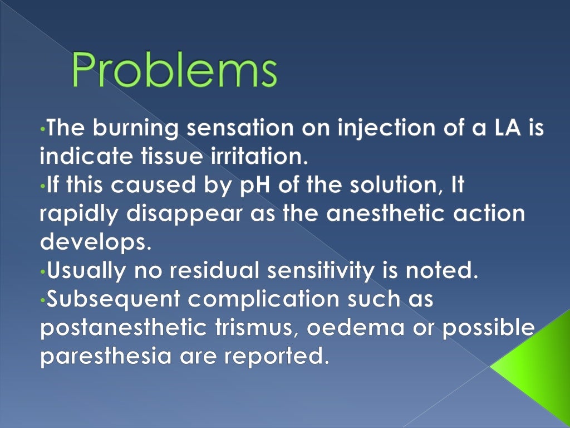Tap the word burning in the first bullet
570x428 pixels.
click(132, 129)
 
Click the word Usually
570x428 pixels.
click(85, 271)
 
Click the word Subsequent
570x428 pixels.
click(114, 300)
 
